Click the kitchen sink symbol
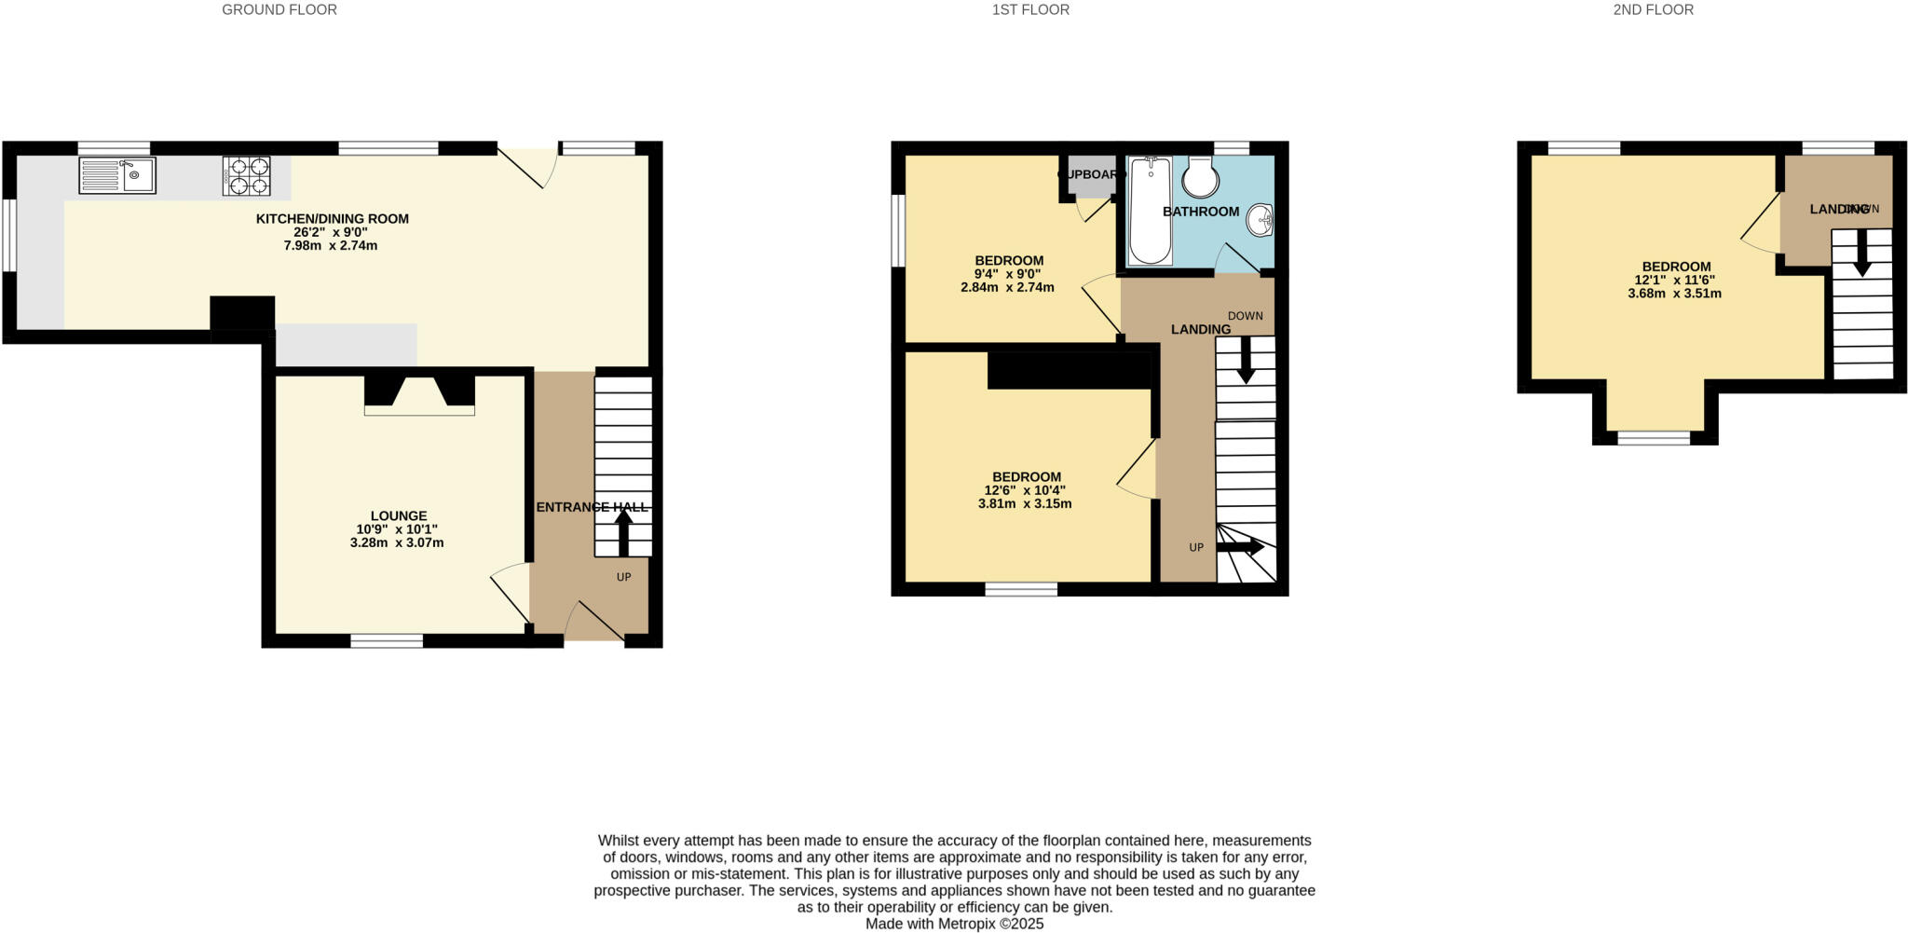[117, 175]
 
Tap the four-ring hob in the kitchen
[246, 175]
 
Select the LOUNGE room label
[399, 515]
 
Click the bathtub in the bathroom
[1150, 211]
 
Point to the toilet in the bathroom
[1201, 177]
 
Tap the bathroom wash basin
[1261, 220]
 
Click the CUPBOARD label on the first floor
[1091, 174]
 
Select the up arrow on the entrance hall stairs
[623, 533]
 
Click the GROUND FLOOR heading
[279, 10]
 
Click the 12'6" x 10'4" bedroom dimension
[1025, 490]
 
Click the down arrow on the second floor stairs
[1861, 253]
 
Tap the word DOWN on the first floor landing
[1245, 316]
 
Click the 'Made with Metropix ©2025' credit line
[954, 924]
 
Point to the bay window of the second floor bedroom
[1654, 437]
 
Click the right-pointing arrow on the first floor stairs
[1240, 547]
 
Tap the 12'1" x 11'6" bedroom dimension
[1674, 280]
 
